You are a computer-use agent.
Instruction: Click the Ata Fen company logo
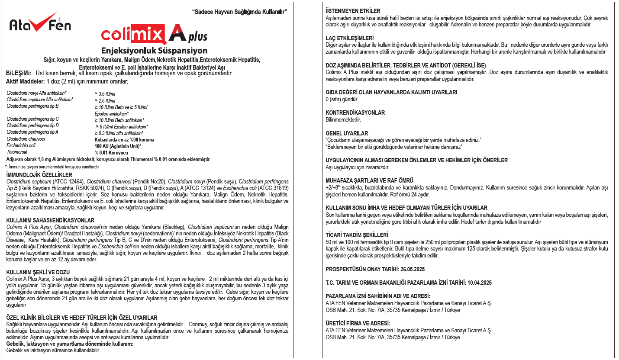40,25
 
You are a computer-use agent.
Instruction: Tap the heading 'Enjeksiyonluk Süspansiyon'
154,51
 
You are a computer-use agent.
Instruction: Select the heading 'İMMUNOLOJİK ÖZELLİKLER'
39,174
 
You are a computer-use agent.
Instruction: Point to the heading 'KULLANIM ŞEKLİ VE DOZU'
38,272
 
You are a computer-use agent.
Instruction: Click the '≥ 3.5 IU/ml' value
105,93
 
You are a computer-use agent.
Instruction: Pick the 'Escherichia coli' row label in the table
22,146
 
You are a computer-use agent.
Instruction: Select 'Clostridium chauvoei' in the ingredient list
26,139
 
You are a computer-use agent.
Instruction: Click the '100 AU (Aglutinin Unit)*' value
118,146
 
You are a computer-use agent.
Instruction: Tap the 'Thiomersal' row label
17,153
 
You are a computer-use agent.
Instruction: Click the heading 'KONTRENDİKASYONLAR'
355,113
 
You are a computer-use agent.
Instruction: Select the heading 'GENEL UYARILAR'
347,133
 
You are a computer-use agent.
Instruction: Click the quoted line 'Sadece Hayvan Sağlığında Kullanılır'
239,11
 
